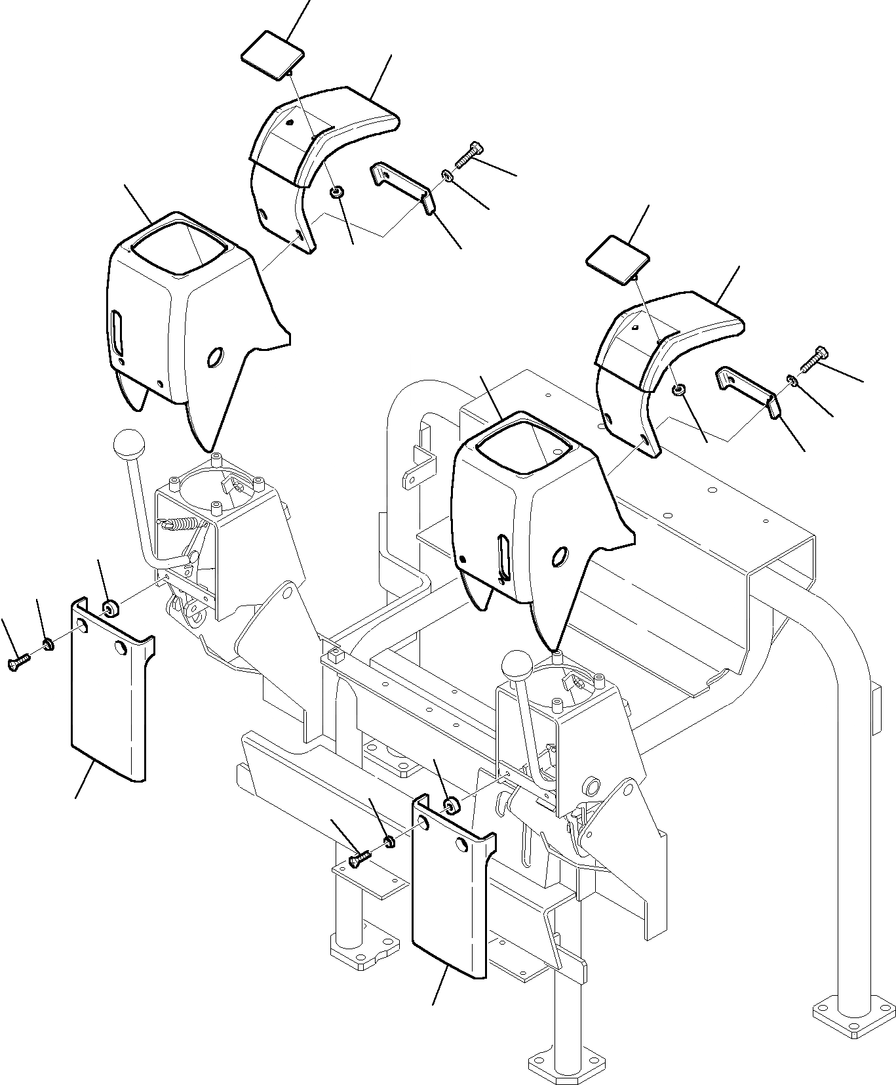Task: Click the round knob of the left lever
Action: point(128,445)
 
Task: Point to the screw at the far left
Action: point(18,663)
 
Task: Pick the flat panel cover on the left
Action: point(108,695)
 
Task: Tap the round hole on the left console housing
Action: point(214,358)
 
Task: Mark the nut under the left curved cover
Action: point(337,192)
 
